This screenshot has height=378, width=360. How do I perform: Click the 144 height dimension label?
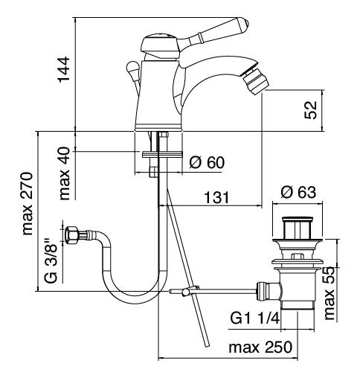pos(64,69)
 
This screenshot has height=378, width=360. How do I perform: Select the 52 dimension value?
pos(311,110)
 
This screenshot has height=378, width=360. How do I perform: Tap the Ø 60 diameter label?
pos(207,162)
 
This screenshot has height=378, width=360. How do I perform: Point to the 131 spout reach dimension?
pos(216,197)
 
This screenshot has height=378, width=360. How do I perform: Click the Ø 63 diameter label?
pos(298,192)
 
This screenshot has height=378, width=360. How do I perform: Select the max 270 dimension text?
pos(28,204)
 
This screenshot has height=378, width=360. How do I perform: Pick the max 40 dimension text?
pos(65,173)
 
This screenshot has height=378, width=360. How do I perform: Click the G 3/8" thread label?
pos(51,260)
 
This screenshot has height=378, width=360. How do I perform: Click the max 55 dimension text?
pos(330,293)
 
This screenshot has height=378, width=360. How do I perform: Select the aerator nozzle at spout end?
pos(255,81)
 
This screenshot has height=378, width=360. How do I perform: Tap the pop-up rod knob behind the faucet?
pos(132,67)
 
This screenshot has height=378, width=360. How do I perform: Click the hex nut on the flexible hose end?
pos(71,234)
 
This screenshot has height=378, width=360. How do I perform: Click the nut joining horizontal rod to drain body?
pos(263,291)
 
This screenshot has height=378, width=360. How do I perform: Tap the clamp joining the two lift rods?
pos(190,290)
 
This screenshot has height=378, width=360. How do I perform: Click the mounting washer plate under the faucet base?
pos(162,154)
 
